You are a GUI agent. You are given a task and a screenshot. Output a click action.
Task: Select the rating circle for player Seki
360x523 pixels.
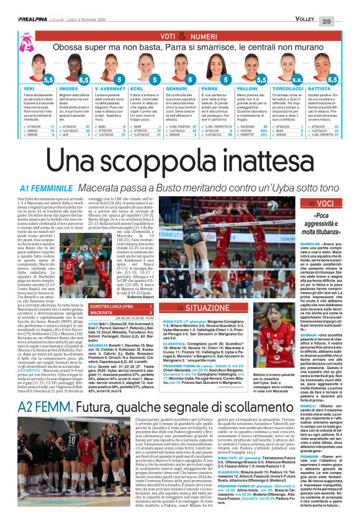[x=48, y=80]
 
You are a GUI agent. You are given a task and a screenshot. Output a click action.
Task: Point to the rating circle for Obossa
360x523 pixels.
[x=84, y=80]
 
